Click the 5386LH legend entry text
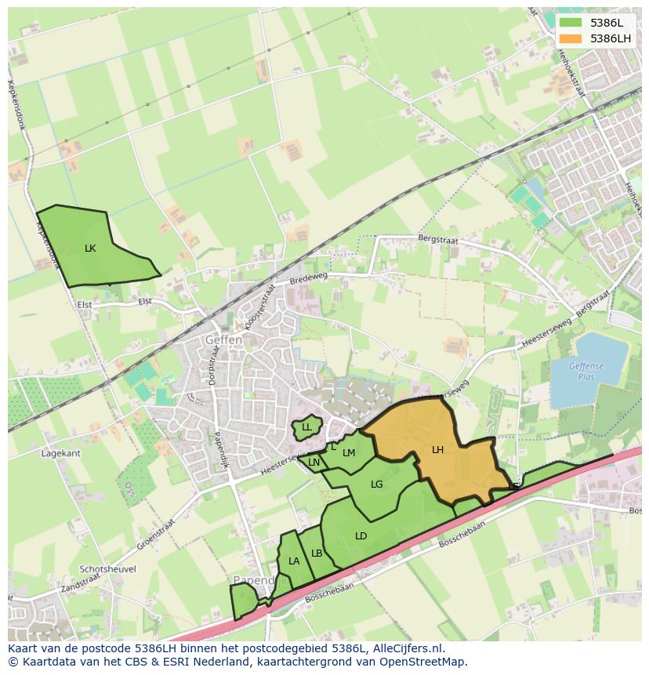tap(611, 38)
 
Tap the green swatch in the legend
tap(571, 23)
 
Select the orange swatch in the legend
tap(571, 38)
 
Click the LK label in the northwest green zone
tap(90, 248)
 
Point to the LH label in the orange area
tap(437, 449)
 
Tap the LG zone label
tap(376, 484)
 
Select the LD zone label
tap(361, 536)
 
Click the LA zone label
tap(294, 561)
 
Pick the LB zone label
tap(317, 553)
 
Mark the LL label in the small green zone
tap(306, 427)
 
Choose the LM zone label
tap(349, 452)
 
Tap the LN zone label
tap(314, 463)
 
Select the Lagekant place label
tap(61, 453)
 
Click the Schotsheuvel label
tap(107, 569)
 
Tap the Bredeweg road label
tap(306, 279)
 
